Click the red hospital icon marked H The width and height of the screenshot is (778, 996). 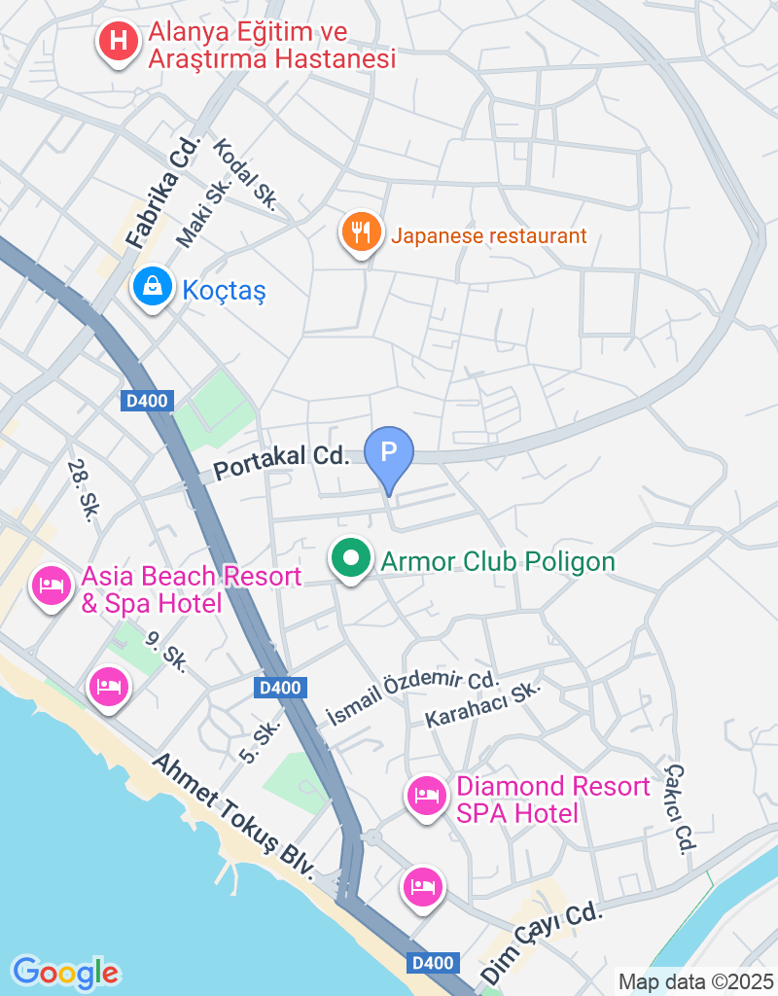coord(119,42)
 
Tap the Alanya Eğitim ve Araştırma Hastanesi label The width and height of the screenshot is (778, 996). coord(271,47)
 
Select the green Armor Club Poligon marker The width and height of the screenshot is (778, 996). coord(351,559)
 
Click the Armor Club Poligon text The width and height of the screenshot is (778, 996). coord(498,562)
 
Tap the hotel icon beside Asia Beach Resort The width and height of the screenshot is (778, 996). coord(52,586)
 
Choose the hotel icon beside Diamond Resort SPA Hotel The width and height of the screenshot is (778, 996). coord(426,798)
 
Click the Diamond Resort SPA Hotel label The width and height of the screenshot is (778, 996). coord(552,799)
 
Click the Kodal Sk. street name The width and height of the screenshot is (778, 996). coord(248,174)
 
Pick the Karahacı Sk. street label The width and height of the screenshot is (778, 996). coord(482,704)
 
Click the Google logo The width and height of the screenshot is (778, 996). coord(66,972)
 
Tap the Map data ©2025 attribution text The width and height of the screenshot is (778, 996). coord(695,981)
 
